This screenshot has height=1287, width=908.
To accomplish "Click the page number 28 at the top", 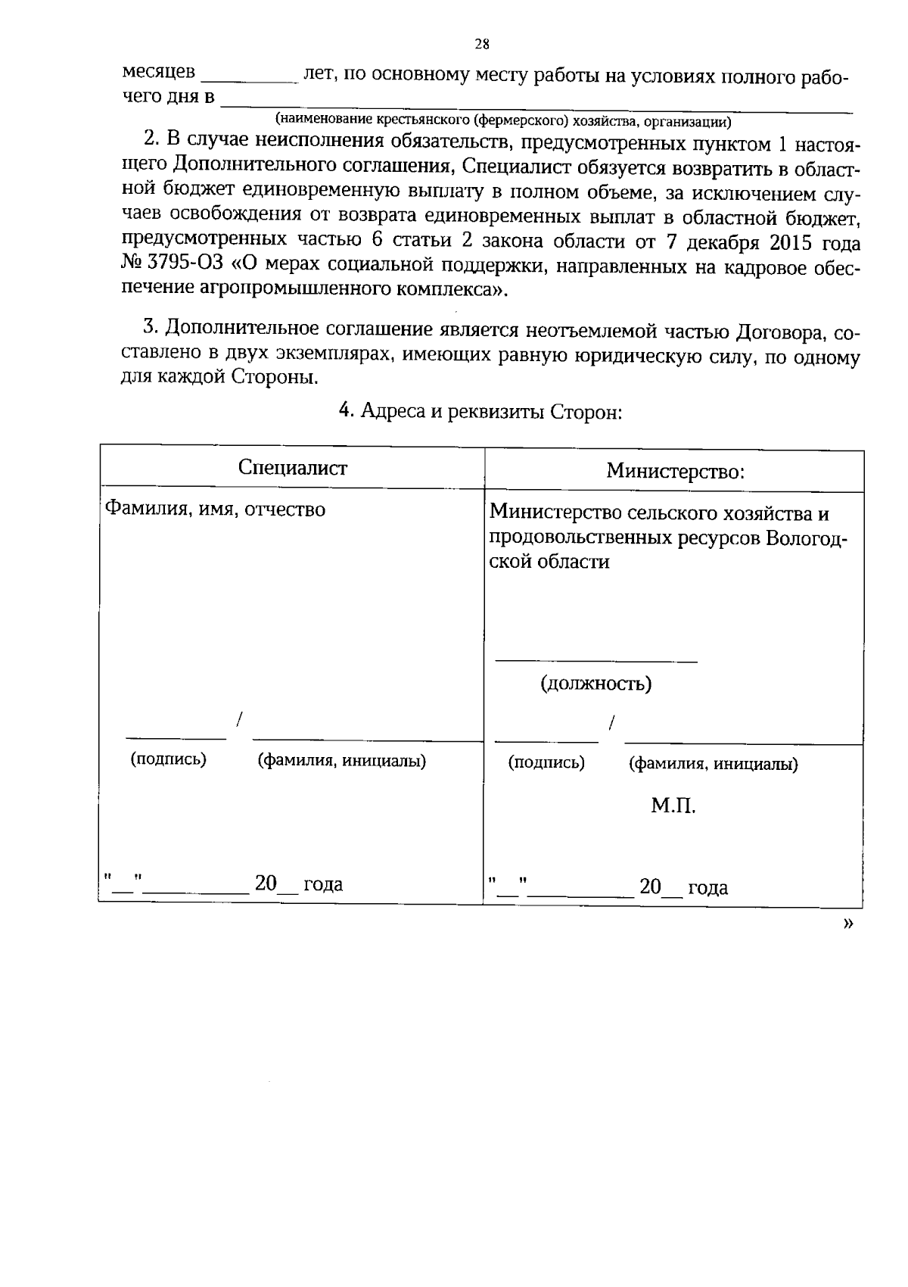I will (x=482, y=44).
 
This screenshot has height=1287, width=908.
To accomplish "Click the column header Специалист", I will (x=292, y=467).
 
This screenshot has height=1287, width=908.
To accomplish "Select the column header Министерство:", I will (x=675, y=472).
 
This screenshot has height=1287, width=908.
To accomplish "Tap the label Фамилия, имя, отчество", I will (x=214, y=510).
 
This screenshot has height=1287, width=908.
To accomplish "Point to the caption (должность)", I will (x=595, y=684).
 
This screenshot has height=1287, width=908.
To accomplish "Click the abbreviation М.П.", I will (x=673, y=806).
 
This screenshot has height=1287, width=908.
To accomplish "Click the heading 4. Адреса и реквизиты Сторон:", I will (x=480, y=411).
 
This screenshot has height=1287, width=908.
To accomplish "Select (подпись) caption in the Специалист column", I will (x=168, y=759).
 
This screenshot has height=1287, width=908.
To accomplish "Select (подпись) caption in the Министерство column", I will (x=546, y=762).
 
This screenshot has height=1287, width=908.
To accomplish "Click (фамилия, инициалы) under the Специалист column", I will (x=342, y=761).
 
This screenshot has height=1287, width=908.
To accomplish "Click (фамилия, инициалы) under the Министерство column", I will (x=713, y=764).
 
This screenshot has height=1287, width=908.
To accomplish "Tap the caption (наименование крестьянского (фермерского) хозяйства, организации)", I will (x=503, y=120).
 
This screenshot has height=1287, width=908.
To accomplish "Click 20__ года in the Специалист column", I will (x=298, y=883).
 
